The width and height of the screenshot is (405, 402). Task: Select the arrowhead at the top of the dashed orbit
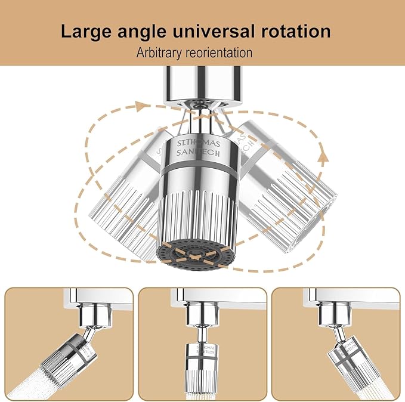tap(141, 106)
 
